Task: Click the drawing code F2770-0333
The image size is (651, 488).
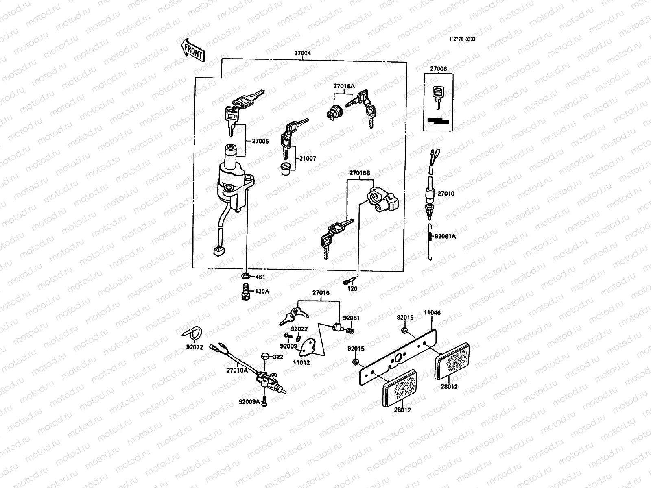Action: (x=462, y=39)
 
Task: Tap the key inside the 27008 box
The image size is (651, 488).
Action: (x=438, y=96)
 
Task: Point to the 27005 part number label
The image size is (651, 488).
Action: (x=260, y=142)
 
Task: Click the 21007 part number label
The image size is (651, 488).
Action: (x=308, y=159)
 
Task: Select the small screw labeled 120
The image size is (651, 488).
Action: (x=347, y=281)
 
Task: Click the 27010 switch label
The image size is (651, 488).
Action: (x=446, y=194)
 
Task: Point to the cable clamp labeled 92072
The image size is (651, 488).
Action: (x=192, y=334)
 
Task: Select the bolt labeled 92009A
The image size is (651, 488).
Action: (x=264, y=401)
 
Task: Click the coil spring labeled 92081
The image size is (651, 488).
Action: (x=350, y=331)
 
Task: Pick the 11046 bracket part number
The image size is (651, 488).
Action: (x=432, y=313)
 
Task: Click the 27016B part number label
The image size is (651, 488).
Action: (x=360, y=173)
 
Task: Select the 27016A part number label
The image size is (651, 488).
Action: (x=344, y=86)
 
